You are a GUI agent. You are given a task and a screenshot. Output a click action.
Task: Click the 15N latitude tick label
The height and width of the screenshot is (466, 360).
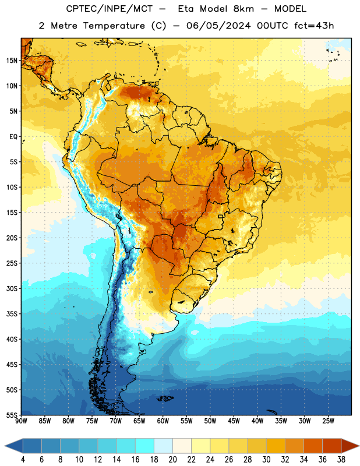[x=12, y=61]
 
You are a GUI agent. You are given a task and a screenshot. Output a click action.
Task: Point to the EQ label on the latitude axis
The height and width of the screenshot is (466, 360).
[x=13, y=137]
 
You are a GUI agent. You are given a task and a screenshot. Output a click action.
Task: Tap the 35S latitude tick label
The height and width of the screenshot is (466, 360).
[x=12, y=314]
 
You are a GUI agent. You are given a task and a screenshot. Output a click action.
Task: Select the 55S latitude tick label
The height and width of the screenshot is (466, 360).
[x=12, y=415]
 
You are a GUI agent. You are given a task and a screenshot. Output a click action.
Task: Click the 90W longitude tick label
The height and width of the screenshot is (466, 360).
[x=21, y=421]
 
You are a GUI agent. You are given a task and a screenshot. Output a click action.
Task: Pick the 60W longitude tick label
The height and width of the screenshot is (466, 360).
[x=163, y=421]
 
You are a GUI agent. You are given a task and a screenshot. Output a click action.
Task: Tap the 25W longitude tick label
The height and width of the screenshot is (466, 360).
[x=328, y=421]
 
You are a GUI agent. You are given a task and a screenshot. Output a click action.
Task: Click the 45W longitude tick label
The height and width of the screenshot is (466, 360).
[x=234, y=421]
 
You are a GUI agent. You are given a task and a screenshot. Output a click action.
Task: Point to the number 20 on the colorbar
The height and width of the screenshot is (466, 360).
[x=172, y=460]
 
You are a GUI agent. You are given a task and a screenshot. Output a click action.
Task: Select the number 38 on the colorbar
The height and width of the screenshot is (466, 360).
[x=341, y=460]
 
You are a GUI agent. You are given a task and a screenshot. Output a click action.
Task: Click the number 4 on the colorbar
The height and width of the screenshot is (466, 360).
[x=23, y=460]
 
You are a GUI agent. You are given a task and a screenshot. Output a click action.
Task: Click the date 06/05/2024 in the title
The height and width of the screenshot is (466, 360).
[x=218, y=26]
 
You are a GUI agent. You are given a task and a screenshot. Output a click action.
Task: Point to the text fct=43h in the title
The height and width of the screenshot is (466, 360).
[x=314, y=26]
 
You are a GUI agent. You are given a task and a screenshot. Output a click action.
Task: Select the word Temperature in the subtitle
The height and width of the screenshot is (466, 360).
[x=114, y=26]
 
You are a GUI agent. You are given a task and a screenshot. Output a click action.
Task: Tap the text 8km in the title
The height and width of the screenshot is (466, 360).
[x=243, y=9]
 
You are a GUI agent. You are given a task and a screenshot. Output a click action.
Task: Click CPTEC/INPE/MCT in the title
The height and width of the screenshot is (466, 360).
[x=109, y=9]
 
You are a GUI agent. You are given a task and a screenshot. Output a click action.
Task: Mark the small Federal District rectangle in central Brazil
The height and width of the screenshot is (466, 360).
[x=221, y=216]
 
